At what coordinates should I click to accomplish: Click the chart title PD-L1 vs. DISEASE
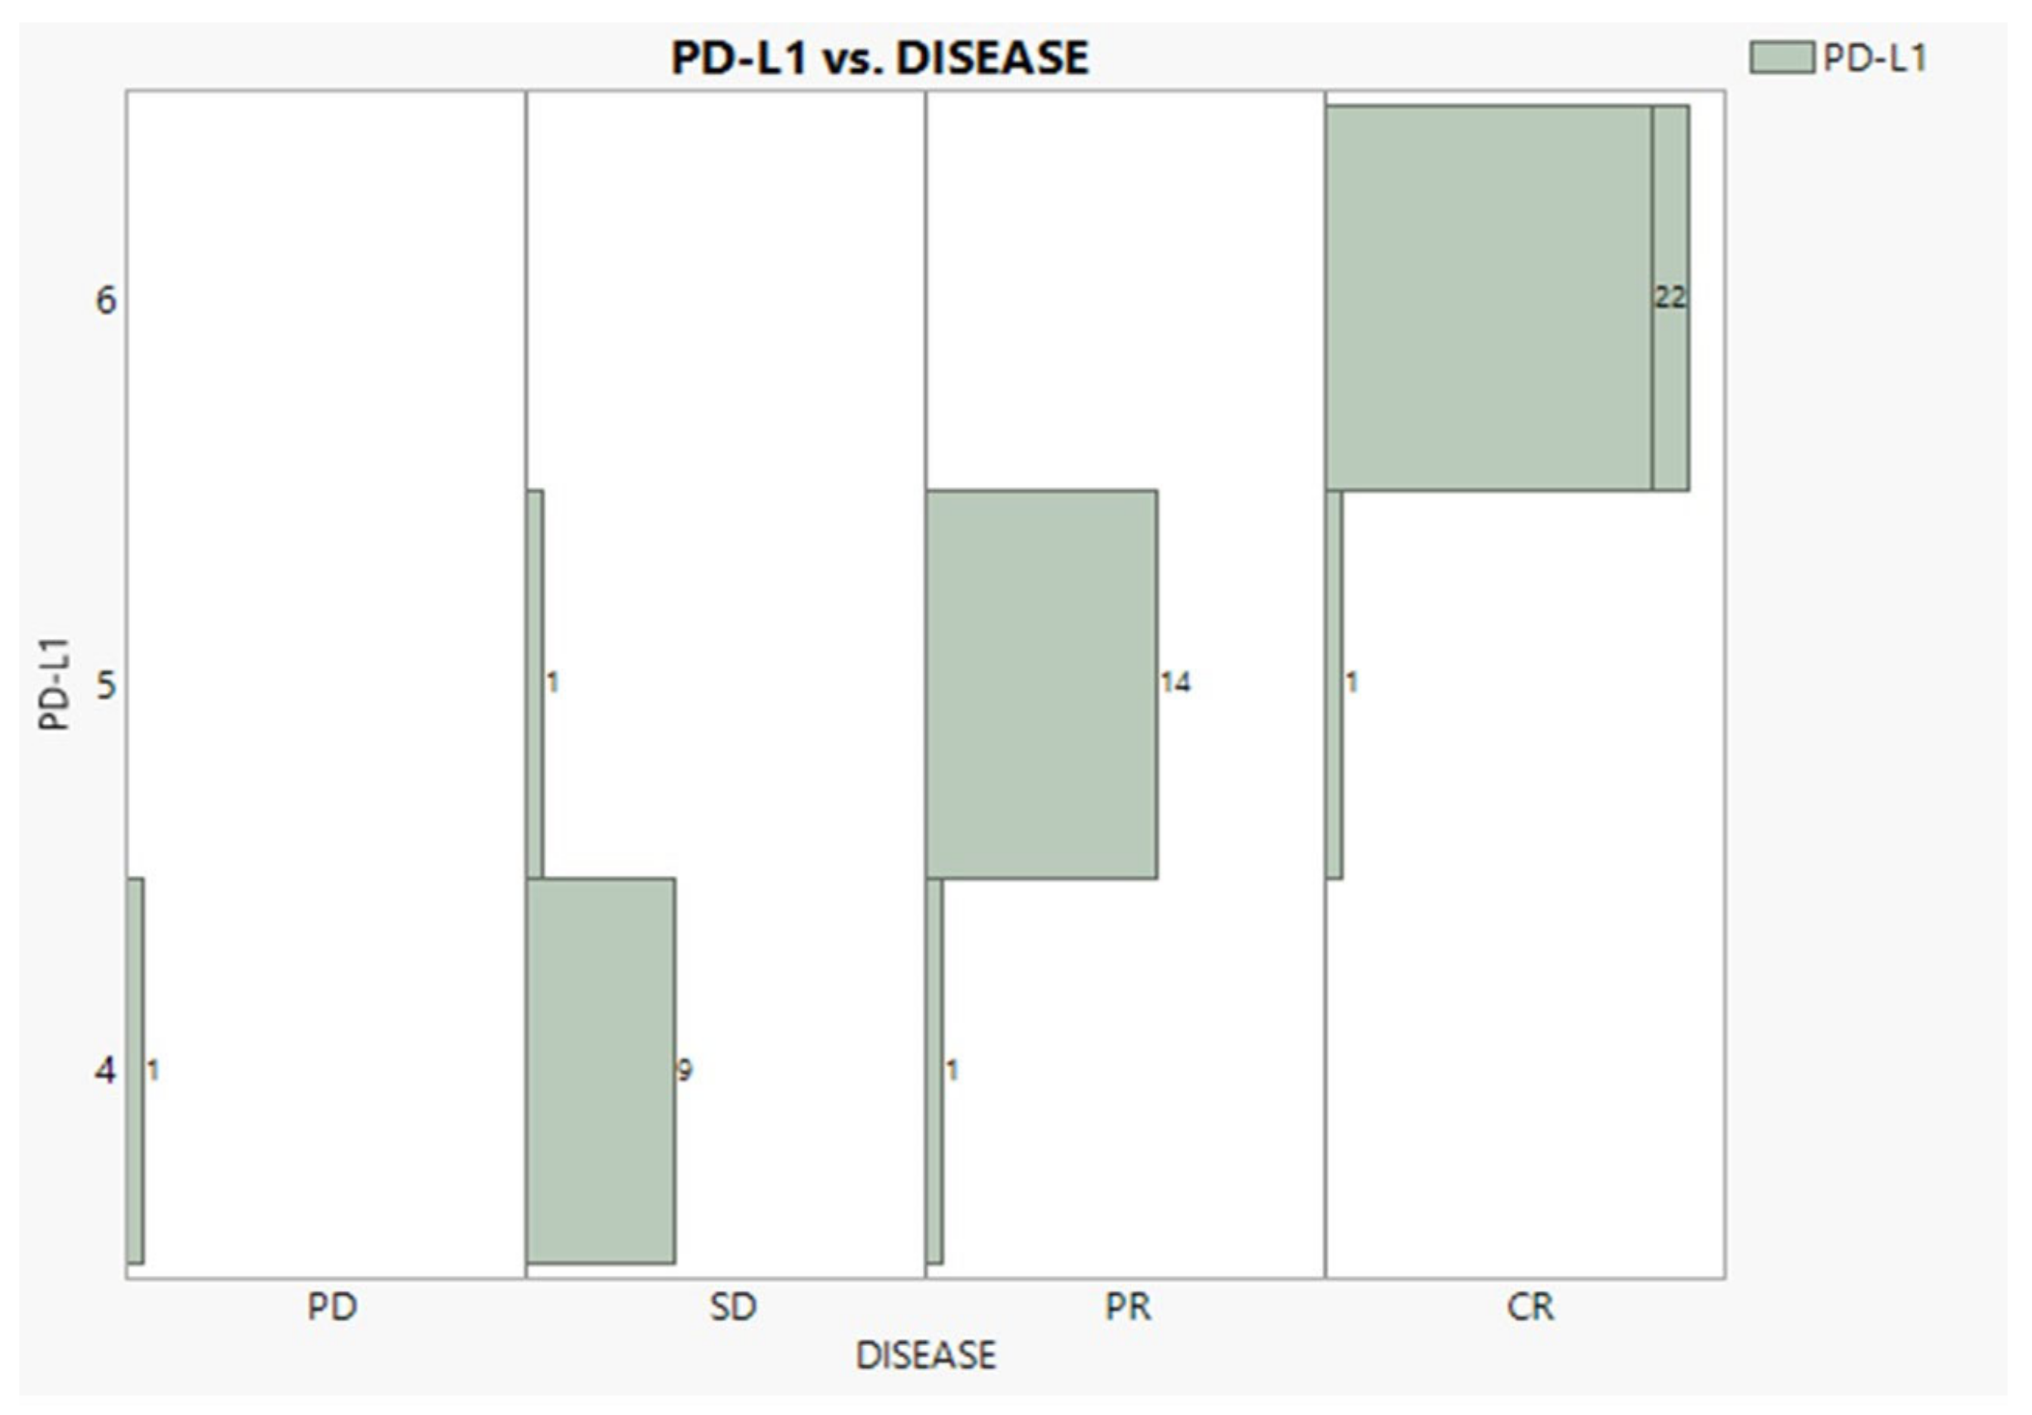coord(880,58)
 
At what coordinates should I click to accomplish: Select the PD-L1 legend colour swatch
coord(1782,58)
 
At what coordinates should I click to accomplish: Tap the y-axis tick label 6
coord(105,300)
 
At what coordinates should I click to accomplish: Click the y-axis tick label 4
coord(105,1072)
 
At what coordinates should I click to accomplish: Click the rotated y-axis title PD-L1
coord(55,684)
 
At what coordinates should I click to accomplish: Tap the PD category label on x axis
coord(332,1308)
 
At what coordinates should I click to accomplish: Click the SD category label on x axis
coord(733,1308)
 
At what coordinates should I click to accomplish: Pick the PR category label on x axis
coord(1129,1308)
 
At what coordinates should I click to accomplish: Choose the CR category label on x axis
coord(1530,1308)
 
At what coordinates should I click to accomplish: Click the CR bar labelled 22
coord(1489,298)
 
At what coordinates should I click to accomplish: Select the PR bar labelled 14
coord(1042,684)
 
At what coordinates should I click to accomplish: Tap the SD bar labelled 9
coord(601,1071)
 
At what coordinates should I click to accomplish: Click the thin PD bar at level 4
coord(135,1071)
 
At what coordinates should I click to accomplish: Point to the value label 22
coord(1670,297)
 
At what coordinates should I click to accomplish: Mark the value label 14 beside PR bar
coord(1176,682)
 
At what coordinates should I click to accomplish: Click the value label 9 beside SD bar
coord(684,1071)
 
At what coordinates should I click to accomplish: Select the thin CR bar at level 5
coord(1334,684)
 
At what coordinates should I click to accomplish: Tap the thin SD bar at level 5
coord(535,684)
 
